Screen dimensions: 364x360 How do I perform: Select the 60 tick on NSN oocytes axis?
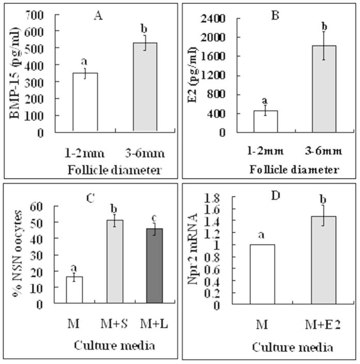click(52, 206)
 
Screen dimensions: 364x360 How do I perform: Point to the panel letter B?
click(275, 16)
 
